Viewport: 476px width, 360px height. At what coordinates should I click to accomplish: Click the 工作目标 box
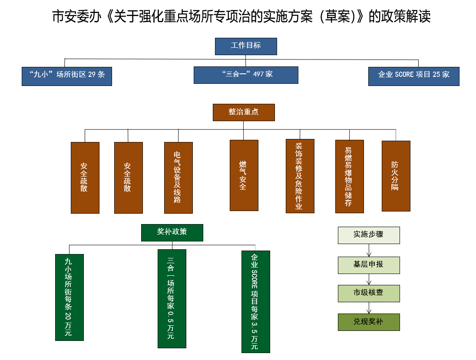(x=246, y=46)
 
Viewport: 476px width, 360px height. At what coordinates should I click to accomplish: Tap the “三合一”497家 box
(x=246, y=75)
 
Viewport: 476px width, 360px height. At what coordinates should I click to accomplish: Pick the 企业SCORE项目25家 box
(x=413, y=76)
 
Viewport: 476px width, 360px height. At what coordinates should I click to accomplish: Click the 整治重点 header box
(x=244, y=112)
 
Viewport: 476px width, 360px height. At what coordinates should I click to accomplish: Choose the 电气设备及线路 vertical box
(x=178, y=178)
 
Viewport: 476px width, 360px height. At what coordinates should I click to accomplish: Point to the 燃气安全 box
(x=244, y=175)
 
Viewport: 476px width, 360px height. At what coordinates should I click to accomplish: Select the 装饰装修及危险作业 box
(x=300, y=176)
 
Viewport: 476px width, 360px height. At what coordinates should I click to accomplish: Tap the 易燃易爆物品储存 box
(x=349, y=176)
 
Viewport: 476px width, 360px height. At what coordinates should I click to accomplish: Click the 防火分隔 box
(x=396, y=176)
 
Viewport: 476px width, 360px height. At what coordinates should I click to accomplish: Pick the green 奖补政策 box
(x=172, y=232)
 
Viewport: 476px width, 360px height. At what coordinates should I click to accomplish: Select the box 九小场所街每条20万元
(x=69, y=297)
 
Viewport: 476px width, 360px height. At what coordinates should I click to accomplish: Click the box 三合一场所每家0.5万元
(x=172, y=298)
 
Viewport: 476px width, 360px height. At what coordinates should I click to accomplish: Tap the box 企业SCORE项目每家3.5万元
(x=255, y=301)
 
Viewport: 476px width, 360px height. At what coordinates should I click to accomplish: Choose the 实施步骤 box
(x=369, y=235)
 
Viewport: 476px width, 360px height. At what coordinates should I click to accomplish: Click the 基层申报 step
(x=369, y=265)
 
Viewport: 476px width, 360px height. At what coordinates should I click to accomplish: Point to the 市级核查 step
(x=369, y=294)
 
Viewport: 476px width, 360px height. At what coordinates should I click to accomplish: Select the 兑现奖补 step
(x=369, y=322)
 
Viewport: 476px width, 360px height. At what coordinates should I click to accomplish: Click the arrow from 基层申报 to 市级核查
(x=369, y=279)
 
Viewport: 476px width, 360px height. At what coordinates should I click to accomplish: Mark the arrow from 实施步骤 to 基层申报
(x=369, y=250)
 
